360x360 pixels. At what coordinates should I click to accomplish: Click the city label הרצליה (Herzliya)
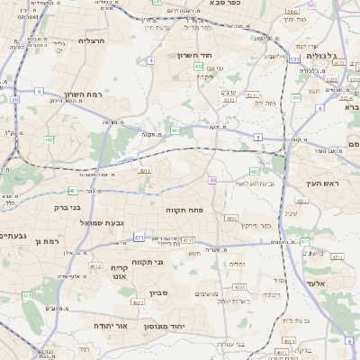(x=93, y=40)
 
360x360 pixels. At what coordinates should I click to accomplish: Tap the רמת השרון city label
(x=85, y=94)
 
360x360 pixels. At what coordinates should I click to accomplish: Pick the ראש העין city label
(x=319, y=184)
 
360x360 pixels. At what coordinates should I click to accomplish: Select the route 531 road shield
(x=294, y=58)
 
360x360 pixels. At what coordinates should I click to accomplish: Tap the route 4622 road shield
(x=139, y=303)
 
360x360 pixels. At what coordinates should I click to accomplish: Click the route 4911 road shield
(x=144, y=169)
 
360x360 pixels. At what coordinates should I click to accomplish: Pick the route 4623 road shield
(x=231, y=218)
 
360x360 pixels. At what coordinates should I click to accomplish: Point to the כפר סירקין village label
(x=256, y=227)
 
